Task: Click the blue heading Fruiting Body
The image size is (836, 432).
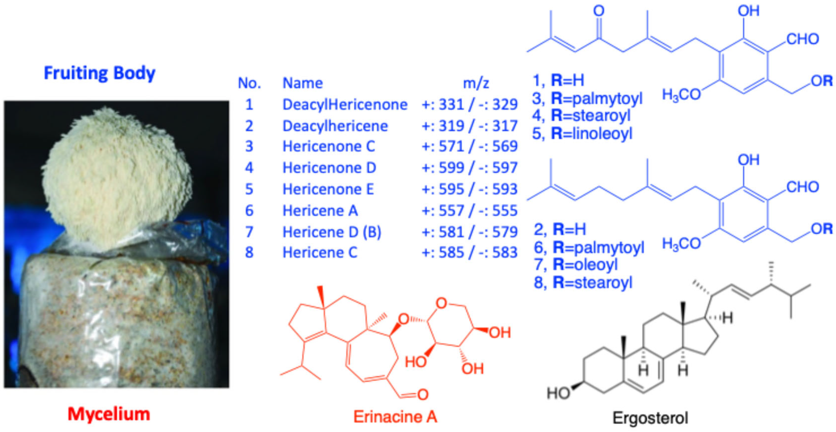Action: (99, 73)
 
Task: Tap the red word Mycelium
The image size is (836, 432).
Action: (109, 414)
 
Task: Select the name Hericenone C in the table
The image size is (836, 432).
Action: (329, 147)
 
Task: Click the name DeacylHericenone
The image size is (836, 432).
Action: (345, 105)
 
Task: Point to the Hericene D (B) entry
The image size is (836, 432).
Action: (332, 232)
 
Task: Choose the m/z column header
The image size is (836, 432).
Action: (476, 83)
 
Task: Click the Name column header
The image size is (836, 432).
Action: (303, 83)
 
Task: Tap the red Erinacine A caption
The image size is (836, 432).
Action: (395, 417)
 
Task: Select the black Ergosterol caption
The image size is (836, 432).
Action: (650, 418)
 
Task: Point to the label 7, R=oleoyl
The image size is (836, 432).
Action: (576, 265)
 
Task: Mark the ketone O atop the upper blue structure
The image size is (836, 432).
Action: (599, 11)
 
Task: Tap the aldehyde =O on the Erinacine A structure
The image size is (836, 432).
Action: (423, 395)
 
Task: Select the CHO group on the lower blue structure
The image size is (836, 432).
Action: (802, 187)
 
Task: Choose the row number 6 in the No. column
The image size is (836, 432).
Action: (249, 210)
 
